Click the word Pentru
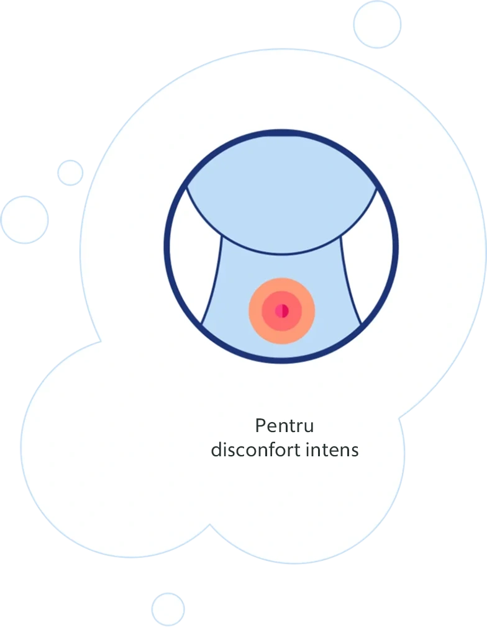click(x=284, y=426)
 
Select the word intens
click(x=332, y=449)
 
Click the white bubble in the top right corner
click(x=377, y=24)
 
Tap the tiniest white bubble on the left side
click(x=70, y=173)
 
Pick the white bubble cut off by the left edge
click(x=24, y=219)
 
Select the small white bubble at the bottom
click(x=168, y=608)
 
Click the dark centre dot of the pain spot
click(x=281, y=310)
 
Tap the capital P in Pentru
click(x=260, y=426)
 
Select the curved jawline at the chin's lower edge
click(x=281, y=253)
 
